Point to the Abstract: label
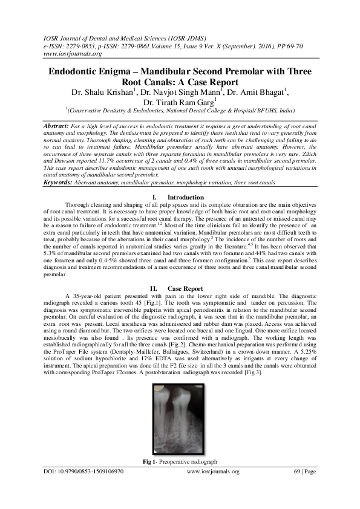[x=59, y=124]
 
